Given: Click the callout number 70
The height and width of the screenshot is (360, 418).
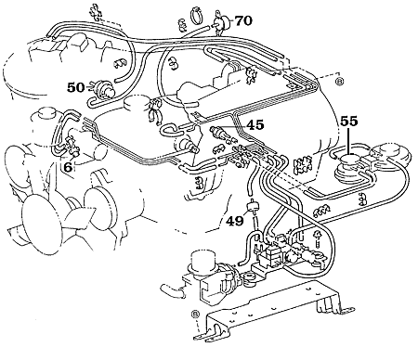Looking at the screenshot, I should (243, 19).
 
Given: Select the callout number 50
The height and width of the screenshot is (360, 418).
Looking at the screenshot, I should (76, 86).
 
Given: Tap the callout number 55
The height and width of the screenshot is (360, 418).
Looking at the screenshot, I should (348, 122).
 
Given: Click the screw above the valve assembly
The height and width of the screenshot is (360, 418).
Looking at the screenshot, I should (317, 238).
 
